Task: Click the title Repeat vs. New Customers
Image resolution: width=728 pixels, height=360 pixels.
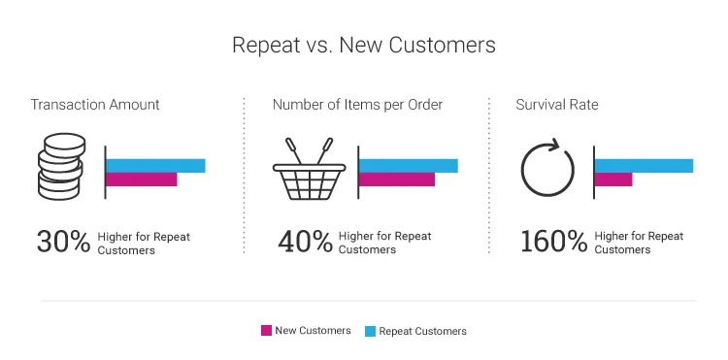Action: point(364,46)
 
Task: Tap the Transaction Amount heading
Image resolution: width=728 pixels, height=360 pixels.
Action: point(95,105)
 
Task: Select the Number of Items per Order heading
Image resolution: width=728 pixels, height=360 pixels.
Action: point(357,105)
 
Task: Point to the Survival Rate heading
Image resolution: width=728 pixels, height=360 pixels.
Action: point(557,105)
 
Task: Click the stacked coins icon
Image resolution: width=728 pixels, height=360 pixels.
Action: point(61,167)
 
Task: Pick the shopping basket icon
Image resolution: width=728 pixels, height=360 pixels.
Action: point(310,169)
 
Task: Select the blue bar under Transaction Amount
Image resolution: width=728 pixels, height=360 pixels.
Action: point(155,166)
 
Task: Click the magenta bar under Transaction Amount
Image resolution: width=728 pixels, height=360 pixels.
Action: point(142,180)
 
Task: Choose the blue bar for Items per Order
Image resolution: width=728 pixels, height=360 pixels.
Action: point(409,166)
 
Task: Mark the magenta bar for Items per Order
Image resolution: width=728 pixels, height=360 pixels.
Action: point(397,180)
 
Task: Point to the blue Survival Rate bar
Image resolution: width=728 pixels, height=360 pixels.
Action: point(644,166)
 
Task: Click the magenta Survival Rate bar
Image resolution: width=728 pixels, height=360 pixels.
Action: point(613,180)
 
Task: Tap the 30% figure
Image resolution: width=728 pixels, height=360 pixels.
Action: point(64,242)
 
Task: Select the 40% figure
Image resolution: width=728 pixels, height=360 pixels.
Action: point(306,242)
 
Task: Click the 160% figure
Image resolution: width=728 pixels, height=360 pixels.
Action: point(554,242)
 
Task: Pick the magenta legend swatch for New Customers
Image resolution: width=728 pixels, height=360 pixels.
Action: point(266,331)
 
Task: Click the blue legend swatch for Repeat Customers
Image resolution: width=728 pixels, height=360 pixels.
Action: point(370,331)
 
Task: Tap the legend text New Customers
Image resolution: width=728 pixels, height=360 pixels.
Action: point(313,331)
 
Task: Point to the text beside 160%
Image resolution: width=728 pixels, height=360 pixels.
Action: point(639,243)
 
